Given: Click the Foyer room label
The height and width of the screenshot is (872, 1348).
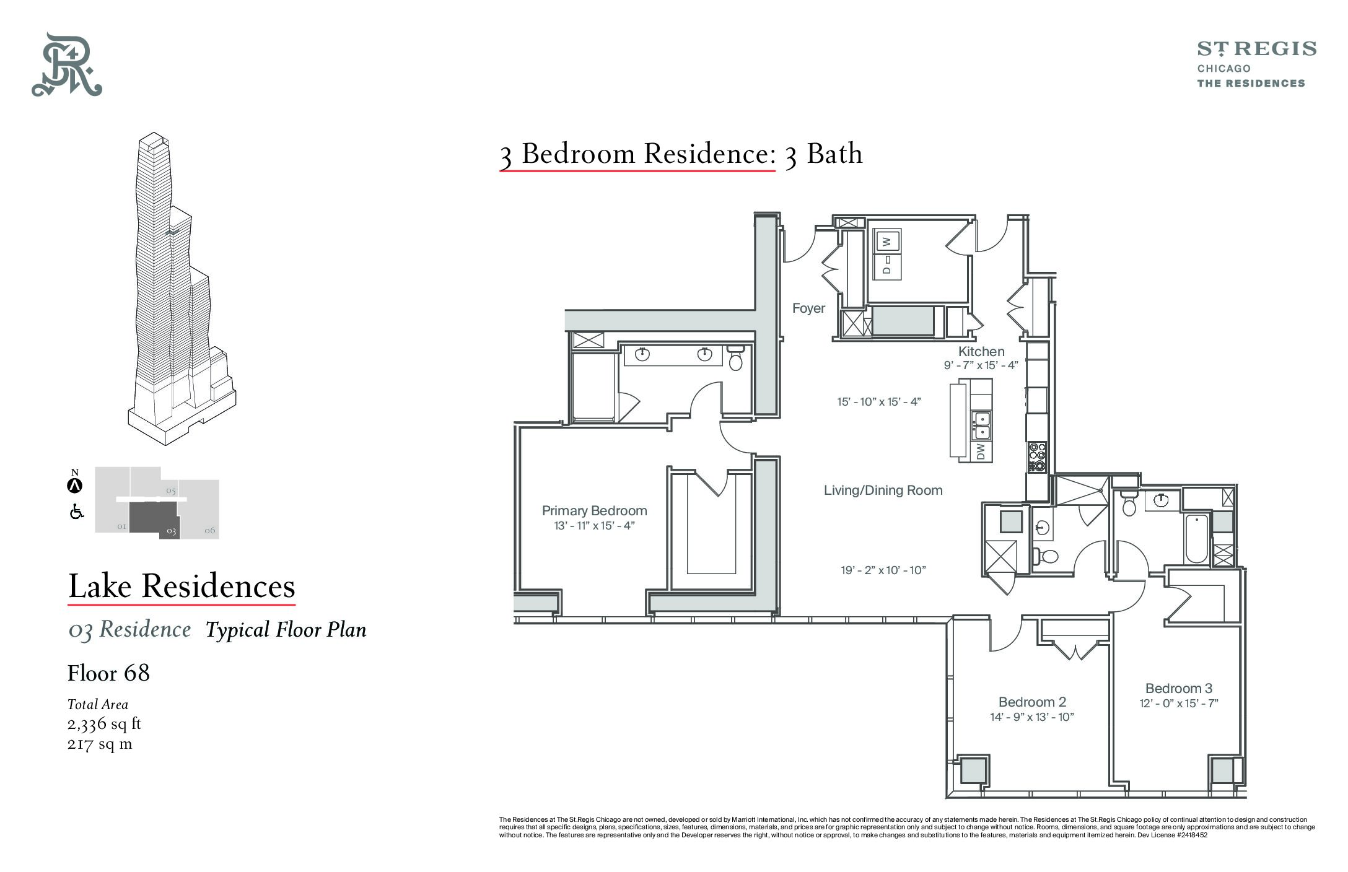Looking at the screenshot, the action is [808, 308].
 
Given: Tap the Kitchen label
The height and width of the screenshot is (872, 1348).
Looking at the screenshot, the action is [981, 351].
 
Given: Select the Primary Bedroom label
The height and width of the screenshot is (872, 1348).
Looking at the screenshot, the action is [594, 511].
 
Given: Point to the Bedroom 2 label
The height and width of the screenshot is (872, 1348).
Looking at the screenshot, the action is [1032, 702].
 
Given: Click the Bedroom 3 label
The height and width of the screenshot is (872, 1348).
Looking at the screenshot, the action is [1178, 688].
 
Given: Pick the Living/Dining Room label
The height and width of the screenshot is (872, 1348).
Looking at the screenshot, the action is [883, 490].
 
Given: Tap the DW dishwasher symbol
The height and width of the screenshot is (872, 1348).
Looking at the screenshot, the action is [981, 451].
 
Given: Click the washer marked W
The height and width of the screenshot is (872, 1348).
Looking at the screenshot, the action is [886, 242].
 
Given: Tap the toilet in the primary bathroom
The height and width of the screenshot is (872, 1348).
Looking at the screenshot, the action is [735, 357].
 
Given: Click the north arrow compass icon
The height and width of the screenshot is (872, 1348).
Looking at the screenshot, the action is [75, 486].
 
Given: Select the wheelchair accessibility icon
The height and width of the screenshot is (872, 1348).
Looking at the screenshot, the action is [77, 512].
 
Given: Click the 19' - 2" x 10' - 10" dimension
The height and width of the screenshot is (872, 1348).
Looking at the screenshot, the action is [883, 570].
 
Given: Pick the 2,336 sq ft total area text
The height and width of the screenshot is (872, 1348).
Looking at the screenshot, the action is [105, 724].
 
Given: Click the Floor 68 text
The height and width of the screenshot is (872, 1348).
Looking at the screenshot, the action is [108, 673].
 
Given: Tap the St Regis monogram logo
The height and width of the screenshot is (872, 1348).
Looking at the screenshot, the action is [67, 64].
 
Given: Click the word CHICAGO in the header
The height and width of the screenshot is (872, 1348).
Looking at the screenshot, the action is [1223, 68].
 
